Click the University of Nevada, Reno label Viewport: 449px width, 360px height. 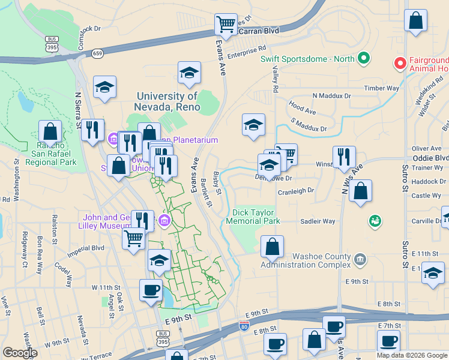coord(167,101)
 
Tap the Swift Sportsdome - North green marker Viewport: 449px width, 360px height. coord(363,59)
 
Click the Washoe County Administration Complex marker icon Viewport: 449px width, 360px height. coord(359,259)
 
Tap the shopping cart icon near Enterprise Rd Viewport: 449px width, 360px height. coord(226,25)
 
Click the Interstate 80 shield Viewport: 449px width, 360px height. coord(244,326)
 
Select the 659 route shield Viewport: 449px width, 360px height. coord(97,53)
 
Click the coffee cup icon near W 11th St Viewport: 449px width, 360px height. coord(151,290)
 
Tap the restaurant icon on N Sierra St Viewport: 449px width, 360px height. coord(92,130)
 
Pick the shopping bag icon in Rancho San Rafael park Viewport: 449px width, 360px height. coord(50,132)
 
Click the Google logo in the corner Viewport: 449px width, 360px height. coord(19,352)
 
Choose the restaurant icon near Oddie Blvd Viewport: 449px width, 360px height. coord(344,157)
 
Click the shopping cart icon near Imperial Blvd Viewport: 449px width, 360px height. coord(133,238)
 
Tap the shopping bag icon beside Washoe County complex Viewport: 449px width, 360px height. coord(273,246)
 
